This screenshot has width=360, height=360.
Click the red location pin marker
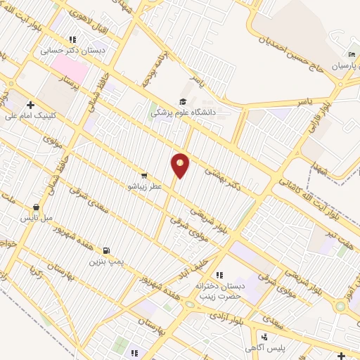coord(181,165)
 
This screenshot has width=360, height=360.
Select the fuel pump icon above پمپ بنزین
coord(106,250)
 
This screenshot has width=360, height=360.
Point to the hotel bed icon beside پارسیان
coord(352,56)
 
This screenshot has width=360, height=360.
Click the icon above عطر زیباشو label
coord(144,175)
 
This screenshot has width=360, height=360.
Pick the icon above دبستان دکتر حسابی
coord(72,40)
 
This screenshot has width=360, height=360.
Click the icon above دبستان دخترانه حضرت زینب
coord(219,275)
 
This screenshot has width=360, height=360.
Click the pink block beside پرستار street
coord(69,70)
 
